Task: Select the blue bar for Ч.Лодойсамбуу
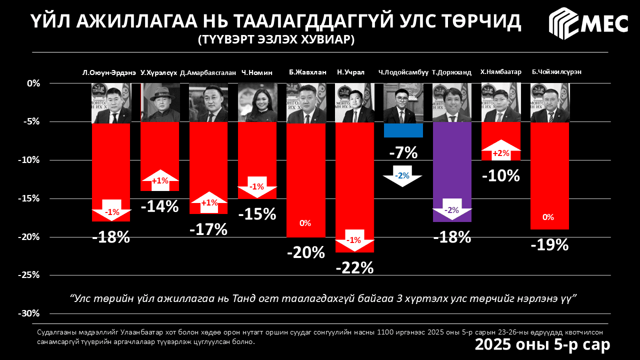click(403, 130)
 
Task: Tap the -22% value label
click(354, 268)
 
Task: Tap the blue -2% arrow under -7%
click(402, 176)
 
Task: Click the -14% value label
click(159, 206)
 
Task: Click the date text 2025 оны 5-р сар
click(542, 345)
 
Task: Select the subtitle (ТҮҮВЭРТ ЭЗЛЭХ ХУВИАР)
click(275, 39)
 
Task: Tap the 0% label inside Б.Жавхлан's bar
click(305, 223)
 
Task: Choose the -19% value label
click(549, 245)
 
